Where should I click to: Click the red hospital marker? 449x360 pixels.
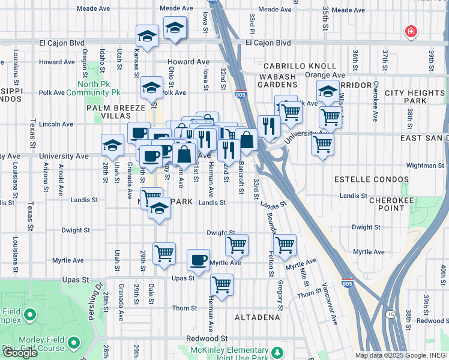411,31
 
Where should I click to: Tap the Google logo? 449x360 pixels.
20,352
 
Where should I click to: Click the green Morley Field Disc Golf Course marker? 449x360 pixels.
74,343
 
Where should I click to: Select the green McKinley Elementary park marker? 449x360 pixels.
277,352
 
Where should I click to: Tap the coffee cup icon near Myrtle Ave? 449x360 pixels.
198,260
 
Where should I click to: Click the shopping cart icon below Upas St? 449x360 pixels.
221,284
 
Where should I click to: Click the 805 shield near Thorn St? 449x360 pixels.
346,282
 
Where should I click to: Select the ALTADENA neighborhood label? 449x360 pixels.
258,316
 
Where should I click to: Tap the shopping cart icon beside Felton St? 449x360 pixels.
284,244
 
